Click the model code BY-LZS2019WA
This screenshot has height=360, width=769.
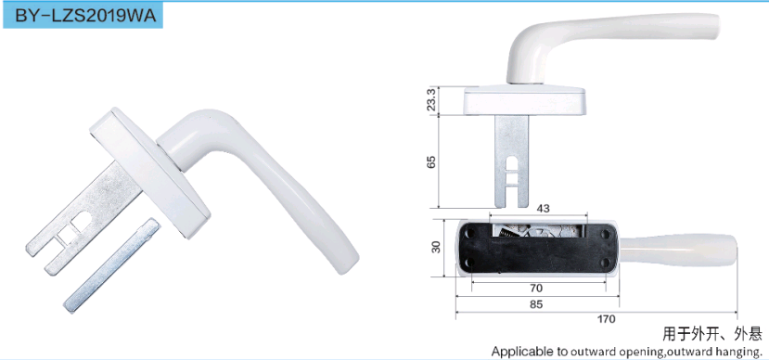pyautogui.click(x=85, y=16)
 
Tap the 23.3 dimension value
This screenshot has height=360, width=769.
pyautogui.click(x=431, y=100)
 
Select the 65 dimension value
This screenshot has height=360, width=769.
pyautogui.click(x=431, y=161)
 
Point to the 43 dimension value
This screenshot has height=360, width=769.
pyautogui.click(x=544, y=208)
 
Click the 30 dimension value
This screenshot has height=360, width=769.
pyautogui.click(x=436, y=247)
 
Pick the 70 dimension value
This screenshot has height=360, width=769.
pyautogui.click(x=536, y=288)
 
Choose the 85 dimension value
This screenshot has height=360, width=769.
pyautogui.click(x=536, y=304)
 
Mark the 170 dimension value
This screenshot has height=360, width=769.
pyautogui.click(x=606, y=319)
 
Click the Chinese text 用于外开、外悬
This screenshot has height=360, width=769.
pyautogui.click(x=712, y=335)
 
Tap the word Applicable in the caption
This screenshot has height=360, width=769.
pyautogui.click(x=518, y=352)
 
